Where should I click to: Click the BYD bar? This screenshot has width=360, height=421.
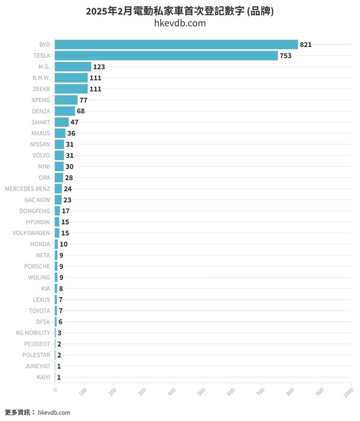click(x=176, y=44)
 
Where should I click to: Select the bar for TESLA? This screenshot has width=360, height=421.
click(x=166, y=56)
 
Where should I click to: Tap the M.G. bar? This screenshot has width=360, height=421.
click(x=73, y=67)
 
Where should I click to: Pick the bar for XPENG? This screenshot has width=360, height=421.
click(x=66, y=100)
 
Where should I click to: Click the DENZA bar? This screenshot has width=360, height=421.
click(x=65, y=111)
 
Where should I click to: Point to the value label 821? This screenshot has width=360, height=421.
click(x=306, y=45)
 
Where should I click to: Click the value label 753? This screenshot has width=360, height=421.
click(x=286, y=56)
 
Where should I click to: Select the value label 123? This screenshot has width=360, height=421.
click(x=99, y=67)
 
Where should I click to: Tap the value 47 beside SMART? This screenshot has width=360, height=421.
click(x=74, y=122)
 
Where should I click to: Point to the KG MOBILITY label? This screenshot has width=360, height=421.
click(x=34, y=333)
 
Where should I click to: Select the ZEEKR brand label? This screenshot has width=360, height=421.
click(x=41, y=89)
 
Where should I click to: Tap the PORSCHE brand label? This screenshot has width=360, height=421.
click(x=38, y=266)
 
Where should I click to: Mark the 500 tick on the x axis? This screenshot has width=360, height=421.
click(x=202, y=391)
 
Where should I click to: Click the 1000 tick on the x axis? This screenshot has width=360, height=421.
click(x=348, y=391)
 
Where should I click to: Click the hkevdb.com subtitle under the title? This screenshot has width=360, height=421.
click(x=180, y=23)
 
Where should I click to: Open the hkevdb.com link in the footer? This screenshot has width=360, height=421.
click(x=54, y=413)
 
